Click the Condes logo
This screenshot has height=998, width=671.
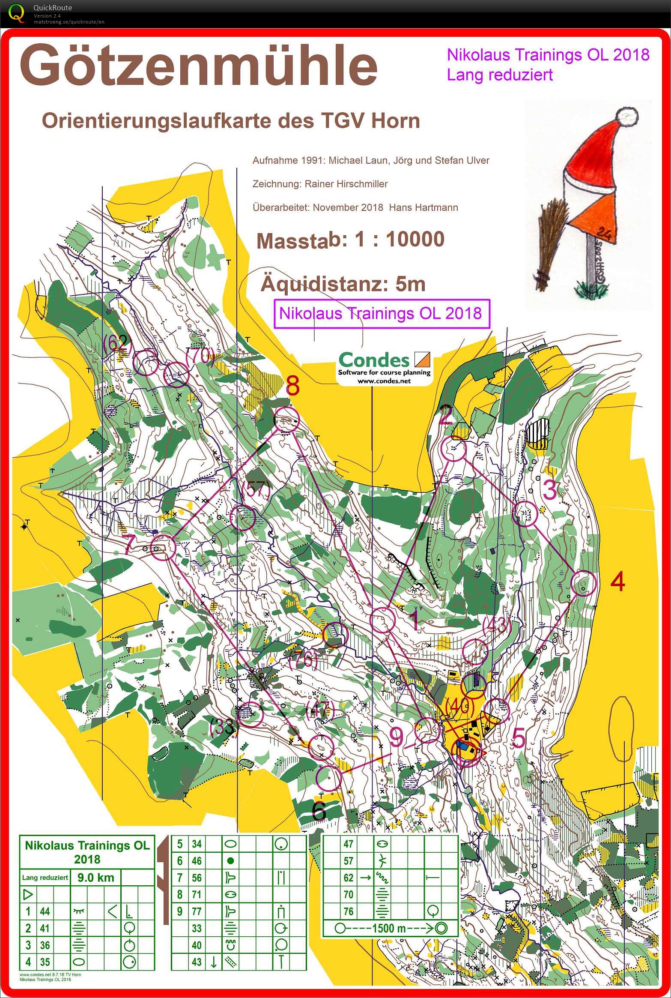pyautogui.click(x=384, y=367)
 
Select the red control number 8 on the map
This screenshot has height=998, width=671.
pyautogui.click(x=292, y=386)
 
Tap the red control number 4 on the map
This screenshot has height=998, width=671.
pyautogui.click(x=617, y=582)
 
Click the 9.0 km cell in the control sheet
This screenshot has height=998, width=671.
pyautogui.click(x=95, y=877)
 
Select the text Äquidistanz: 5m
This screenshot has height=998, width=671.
pyautogui.click(x=343, y=284)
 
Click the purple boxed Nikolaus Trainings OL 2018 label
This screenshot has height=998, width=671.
pyautogui.click(x=381, y=314)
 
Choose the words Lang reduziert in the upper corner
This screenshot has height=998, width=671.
pyautogui.click(x=500, y=75)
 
